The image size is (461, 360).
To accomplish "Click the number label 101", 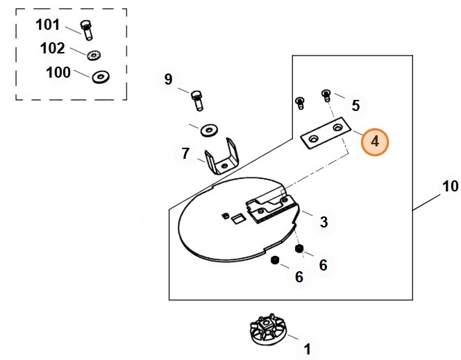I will point(48,25).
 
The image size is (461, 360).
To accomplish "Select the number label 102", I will point(53,49).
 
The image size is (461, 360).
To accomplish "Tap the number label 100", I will point(58,72).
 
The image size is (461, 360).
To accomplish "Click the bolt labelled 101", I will point(85,30).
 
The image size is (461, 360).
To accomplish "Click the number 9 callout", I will point(168,79).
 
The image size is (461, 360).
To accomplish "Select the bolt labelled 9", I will point(196,101).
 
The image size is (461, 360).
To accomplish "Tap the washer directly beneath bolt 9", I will point(208,130).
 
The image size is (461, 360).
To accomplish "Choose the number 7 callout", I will point(185,153).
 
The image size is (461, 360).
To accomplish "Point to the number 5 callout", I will point(355,105).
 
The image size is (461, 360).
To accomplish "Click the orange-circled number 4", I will point(375,142).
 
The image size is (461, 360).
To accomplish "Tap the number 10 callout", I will point(451,186).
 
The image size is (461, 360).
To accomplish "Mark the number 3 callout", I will point(324,222).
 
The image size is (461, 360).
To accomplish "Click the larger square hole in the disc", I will point(237,220).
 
